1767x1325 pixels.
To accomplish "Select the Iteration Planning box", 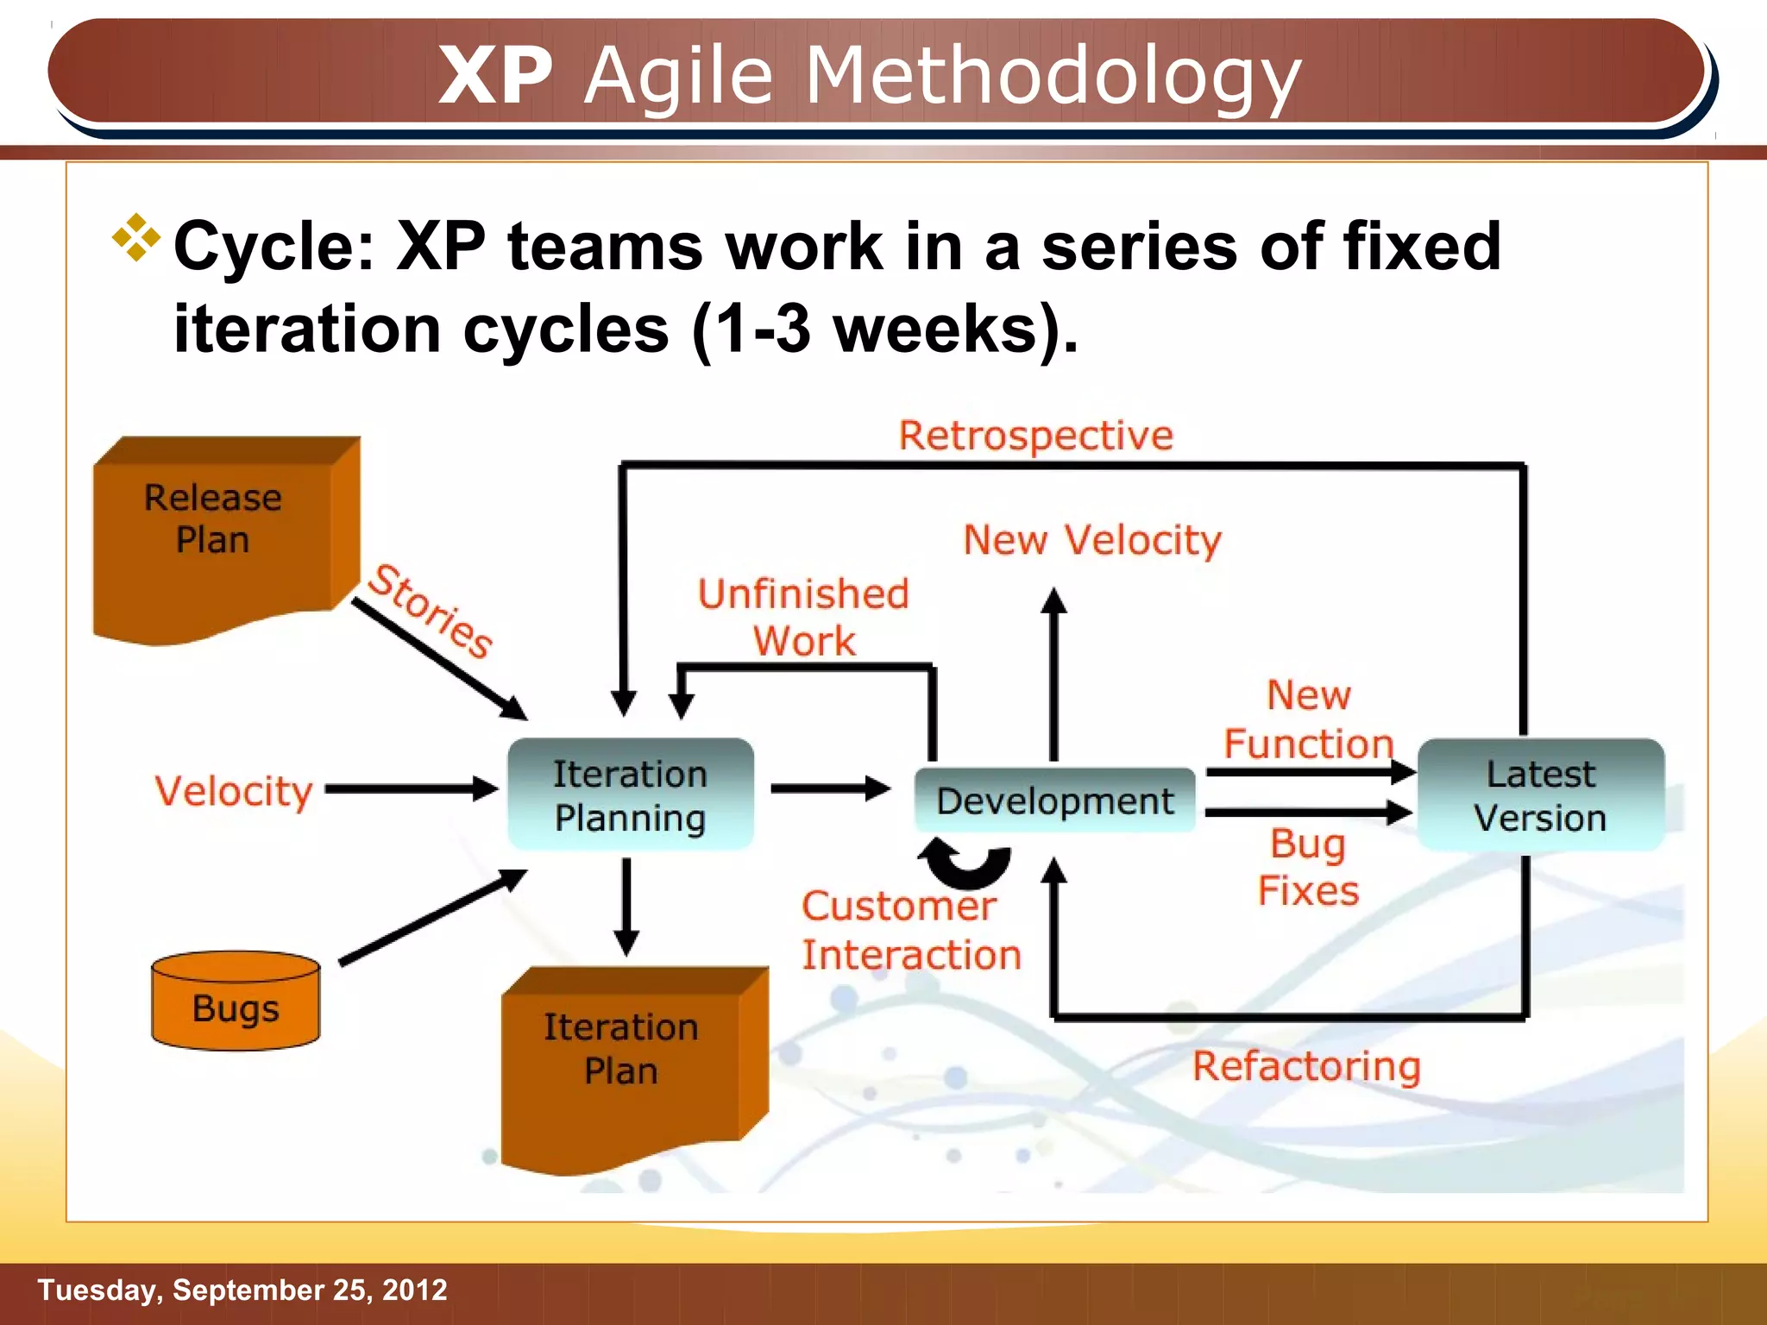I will pos(630,794).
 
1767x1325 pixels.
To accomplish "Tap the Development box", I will pos(1054,801).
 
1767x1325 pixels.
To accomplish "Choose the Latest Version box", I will pos(1540,794).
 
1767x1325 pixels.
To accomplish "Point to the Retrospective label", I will pos(1035,436).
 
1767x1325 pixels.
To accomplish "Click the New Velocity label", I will pos(1092,541).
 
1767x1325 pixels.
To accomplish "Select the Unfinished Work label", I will pos(803,617).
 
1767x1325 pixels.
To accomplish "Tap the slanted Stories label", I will pos(430,611).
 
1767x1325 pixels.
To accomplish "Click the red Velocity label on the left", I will pos(233,791).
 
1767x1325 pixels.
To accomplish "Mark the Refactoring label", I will pos(1306,1066).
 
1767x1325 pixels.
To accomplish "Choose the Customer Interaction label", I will pos(911,930).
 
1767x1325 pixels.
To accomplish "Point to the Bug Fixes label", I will pos(1308,867).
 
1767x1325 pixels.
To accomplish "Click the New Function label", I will pos(1308,719).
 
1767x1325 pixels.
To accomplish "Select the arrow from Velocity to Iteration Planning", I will pos(411,788).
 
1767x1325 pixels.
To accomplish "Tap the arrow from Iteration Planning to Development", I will pos(829,788).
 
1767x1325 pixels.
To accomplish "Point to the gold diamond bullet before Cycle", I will pos(136,236).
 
